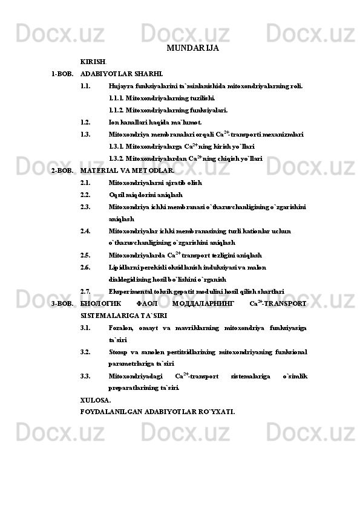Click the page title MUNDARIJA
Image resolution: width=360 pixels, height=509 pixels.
(x=192, y=48)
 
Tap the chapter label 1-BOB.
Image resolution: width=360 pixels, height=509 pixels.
(x=62, y=74)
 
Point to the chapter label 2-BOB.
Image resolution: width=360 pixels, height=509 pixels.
(x=62, y=170)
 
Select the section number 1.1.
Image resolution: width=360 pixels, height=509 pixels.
(x=85, y=86)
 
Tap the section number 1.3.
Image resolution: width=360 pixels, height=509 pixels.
(x=85, y=134)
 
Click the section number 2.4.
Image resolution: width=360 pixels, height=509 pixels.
(x=85, y=230)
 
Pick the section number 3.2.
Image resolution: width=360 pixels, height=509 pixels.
(x=85, y=352)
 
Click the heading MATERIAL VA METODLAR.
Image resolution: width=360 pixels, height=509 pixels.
(x=127, y=170)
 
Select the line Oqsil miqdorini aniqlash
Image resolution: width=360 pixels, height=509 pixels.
(x=145, y=195)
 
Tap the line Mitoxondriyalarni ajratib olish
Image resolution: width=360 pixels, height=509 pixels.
(x=155, y=183)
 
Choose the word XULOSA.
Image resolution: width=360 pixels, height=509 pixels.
(x=96, y=400)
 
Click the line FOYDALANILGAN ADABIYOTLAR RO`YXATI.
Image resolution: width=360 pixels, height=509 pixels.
(x=157, y=412)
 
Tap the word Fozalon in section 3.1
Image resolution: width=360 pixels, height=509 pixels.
(x=120, y=328)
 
